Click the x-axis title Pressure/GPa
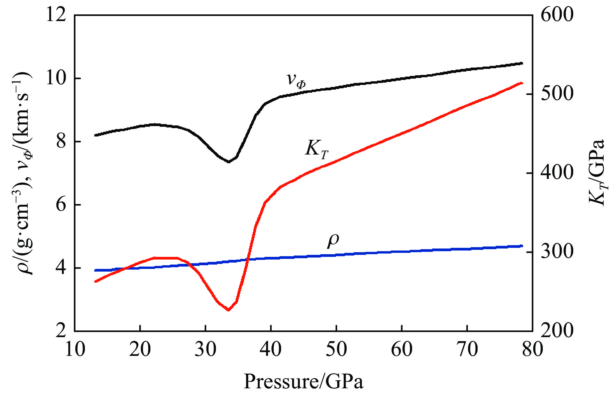pos(303,382)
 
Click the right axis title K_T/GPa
pos(597,173)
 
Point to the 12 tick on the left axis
pos(55,15)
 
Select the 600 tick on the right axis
pos(557,15)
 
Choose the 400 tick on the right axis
pos(557,173)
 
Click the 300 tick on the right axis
pos(557,252)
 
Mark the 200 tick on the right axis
pos(557,331)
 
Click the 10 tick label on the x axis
pos(75,349)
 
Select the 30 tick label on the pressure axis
pos(206,349)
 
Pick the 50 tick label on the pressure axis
pos(336,349)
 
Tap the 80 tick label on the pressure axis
pos(532,349)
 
